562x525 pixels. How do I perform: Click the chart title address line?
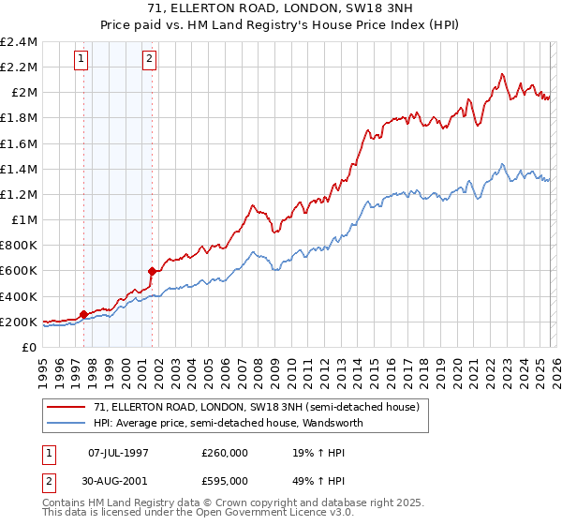(281, 8)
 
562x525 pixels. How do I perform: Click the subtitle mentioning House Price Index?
(281, 23)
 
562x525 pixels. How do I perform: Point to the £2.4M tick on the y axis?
(20, 42)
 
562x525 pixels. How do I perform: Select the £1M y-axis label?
(24, 220)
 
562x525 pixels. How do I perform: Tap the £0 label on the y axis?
(31, 348)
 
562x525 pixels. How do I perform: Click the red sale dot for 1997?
(83, 314)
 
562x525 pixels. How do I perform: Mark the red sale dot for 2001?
(152, 271)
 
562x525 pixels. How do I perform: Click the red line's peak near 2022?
(503, 74)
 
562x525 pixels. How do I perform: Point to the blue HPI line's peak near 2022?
(503, 163)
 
